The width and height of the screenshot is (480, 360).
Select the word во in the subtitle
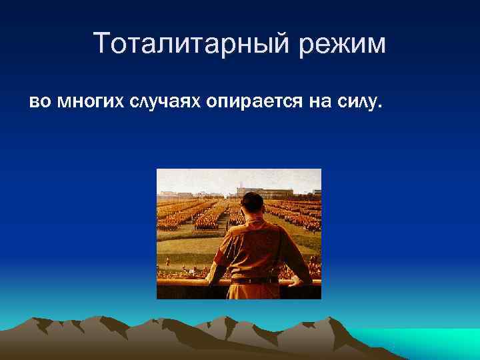coord(38,102)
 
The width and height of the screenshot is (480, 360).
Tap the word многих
coord(87,102)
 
